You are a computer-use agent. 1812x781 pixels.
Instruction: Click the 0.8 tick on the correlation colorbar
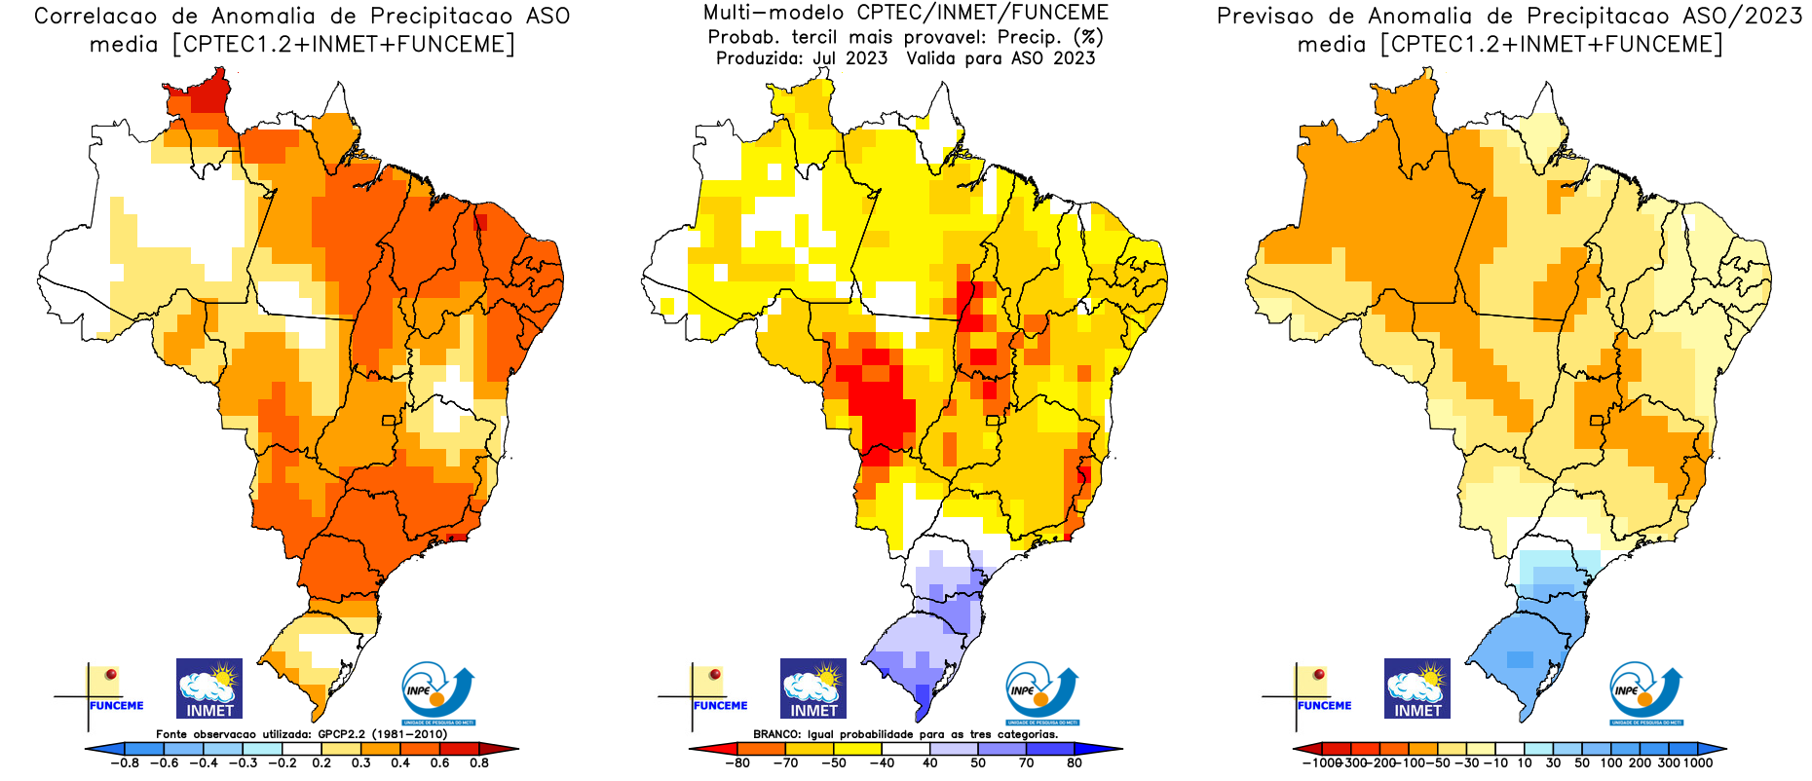[x=478, y=763]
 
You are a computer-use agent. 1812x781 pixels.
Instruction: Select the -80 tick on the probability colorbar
[x=737, y=763]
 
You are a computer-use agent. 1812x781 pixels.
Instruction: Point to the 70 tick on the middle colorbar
[x=1026, y=763]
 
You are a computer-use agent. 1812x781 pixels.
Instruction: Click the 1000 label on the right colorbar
[x=1697, y=763]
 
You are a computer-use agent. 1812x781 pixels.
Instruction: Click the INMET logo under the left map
[x=209, y=688]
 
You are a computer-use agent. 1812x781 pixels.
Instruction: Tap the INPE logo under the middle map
[x=1041, y=692]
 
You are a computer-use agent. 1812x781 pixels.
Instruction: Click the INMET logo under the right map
[x=1417, y=688]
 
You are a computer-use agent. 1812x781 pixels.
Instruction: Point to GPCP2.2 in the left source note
[x=342, y=734]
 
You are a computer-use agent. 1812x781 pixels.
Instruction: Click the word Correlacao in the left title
[x=94, y=17]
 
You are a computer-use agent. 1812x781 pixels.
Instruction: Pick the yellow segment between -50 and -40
[x=857, y=749]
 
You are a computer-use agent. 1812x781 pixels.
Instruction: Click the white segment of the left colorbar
[x=302, y=749]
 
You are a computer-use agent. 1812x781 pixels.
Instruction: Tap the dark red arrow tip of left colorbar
[x=509, y=749]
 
